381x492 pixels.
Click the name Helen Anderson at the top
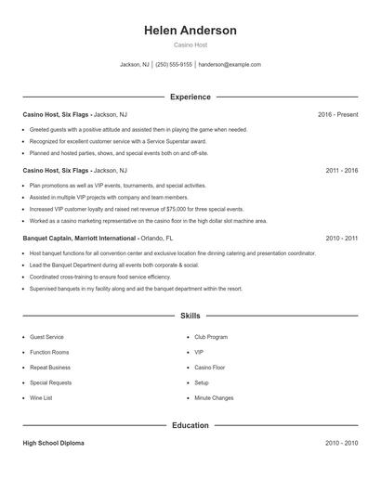(x=190, y=31)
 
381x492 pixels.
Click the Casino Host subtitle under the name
(x=190, y=45)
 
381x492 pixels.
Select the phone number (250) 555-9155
(x=174, y=65)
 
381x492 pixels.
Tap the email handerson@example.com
(x=230, y=65)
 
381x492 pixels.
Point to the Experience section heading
(x=190, y=97)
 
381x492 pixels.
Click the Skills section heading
(x=190, y=316)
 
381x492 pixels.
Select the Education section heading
(x=190, y=425)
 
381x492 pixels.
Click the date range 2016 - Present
(x=337, y=114)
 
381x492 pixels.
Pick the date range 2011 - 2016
(x=341, y=171)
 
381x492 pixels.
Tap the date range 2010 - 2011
(x=341, y=238)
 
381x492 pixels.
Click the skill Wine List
(x=42, y=397)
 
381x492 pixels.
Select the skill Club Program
(x=211, y=337)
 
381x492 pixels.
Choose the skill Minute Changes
(x=214, y=397)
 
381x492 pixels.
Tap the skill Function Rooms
(x=49, y=352)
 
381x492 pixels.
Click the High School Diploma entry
(x=53, y=443)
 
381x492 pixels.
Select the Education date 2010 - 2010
(x=341, y=443)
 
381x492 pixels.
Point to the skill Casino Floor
(x=210, y=368)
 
